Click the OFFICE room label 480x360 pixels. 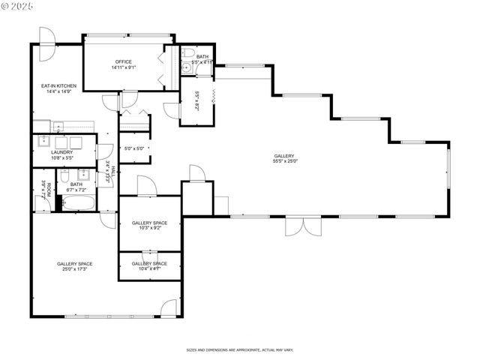pyautogui.click(x=124, y=61)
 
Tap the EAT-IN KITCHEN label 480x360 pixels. pyautogui.click(x=58, y=87)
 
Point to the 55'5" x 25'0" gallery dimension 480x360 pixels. pyautogui.click(x=285, y=160)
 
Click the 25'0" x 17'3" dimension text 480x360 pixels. pyautogui.click(x=74, y=268)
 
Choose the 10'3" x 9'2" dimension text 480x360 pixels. pyautogui.click(x=150, y=228)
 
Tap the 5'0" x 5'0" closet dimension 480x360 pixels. pyautogui.click(x=133, y=148)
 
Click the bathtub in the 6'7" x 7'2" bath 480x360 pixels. pyautogui.click(x=79, y=202)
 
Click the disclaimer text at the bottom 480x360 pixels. pyautogui.click(x=239, y=349)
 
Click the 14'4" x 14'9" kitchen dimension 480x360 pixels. pyautogui.click(x=58, y=92)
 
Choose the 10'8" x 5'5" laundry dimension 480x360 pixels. pyautogui.click(x=62, y=157)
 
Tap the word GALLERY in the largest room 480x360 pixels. pyautogui.click(x=285, y=155)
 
